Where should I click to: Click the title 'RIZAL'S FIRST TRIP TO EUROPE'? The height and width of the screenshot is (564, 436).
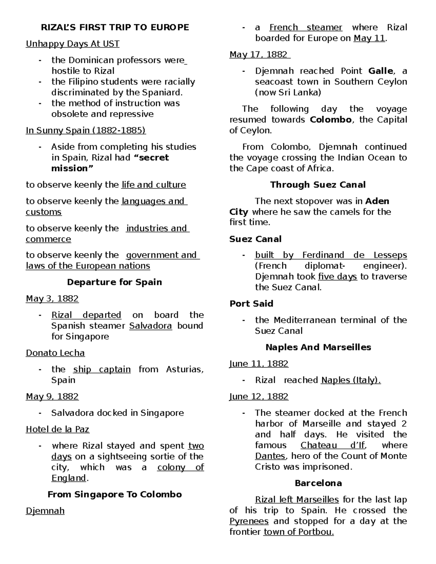115,28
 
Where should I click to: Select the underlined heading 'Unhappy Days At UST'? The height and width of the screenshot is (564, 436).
72,44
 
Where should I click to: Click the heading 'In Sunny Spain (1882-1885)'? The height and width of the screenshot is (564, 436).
85,130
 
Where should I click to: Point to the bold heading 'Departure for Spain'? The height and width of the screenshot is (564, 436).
114,283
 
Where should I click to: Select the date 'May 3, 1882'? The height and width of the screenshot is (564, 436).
52,299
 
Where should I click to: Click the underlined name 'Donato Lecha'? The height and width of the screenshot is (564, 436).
55,353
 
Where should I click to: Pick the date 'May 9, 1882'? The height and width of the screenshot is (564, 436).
52,397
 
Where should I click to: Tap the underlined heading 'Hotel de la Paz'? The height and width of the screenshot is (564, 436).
57,430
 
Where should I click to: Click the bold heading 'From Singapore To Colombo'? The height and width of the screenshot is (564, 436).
114,495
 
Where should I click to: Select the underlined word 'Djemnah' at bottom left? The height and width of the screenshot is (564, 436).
45,511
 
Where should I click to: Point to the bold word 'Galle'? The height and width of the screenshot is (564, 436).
380,71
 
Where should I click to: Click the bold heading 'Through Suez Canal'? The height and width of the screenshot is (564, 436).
318,185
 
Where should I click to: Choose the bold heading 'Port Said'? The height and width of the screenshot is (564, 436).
251,304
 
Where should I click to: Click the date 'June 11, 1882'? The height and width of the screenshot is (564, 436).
259,364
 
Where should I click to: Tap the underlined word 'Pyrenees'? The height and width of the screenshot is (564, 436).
249,522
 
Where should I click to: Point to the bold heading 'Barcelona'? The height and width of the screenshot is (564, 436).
318,483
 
